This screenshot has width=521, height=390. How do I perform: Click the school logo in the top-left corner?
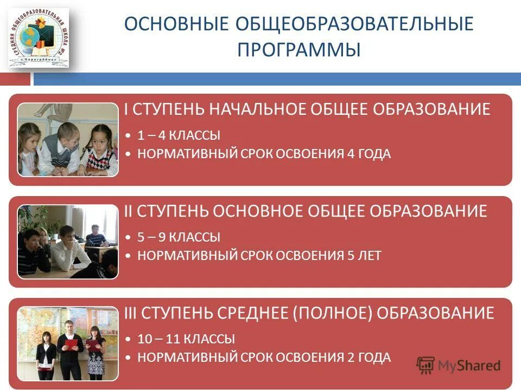[x=38, y=37]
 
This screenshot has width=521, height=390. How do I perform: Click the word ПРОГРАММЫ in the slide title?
[x=299, y=49]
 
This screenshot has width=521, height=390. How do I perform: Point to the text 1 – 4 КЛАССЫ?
[x=179, y=136]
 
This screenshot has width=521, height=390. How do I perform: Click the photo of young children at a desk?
[x=67, y=140]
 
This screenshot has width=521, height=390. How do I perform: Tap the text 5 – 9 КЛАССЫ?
[x=179, y=237]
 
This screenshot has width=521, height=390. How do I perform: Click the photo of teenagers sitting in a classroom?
[x=67, y=242]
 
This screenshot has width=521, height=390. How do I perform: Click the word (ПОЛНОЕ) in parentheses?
[x=341, y=313]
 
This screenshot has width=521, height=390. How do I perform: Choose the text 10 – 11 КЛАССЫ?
[x=186, y=340]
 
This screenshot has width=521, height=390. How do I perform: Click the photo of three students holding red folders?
[x=67, y=343]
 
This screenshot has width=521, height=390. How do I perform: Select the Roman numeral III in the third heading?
[x=131, y=313]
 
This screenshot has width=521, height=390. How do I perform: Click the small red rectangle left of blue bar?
[x=15, y=79]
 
